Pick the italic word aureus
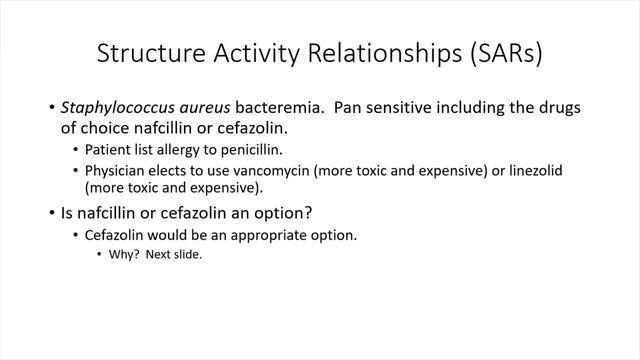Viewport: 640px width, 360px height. click(x=207, y=107)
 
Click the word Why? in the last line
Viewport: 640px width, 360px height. click(x=125, y=255)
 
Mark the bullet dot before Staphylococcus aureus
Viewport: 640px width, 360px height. click(x=52, y=107)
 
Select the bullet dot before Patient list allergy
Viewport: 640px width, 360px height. click(x=76, y=150)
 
